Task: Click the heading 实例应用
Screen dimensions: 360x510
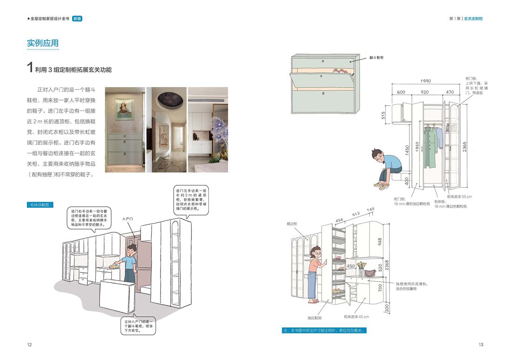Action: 43,43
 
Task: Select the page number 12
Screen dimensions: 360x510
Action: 29,345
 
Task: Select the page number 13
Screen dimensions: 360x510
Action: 481,345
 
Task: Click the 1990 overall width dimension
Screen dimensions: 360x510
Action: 425,81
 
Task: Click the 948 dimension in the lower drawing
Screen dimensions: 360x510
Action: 380,242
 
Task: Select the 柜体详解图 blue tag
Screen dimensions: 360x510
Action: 40,204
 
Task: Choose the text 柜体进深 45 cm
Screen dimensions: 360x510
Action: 356,317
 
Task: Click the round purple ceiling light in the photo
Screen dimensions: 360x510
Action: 167,99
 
